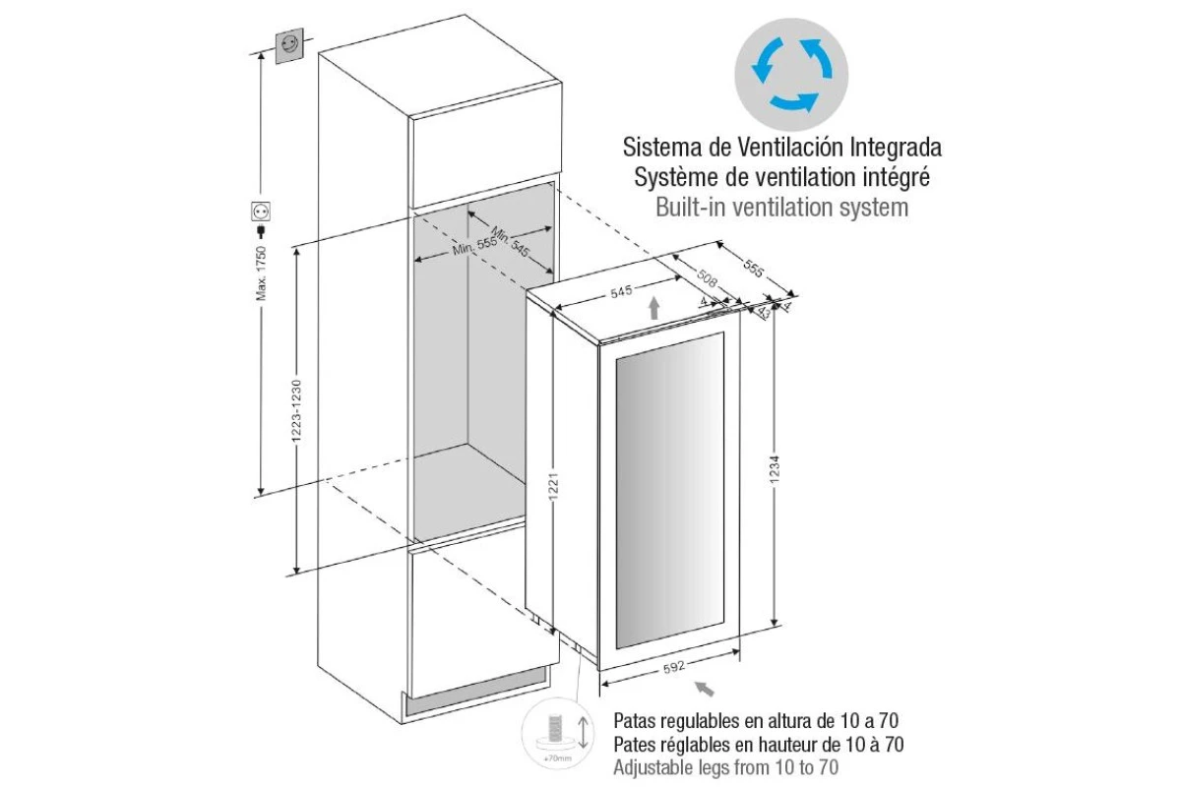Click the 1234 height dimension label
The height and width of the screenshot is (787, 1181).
[x=774, y=469]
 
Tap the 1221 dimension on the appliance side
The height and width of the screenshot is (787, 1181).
[x=552, y=486]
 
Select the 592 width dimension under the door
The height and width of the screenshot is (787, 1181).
[x=674, y=667]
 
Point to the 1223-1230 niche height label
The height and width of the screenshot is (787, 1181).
[x=296, y=411]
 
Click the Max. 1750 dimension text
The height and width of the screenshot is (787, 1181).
[x=262, y=273]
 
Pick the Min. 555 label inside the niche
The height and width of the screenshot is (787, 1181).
[x=474, y=246]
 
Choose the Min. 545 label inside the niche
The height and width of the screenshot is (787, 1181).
[x=510, y=241]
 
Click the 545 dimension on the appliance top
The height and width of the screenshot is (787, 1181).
[x=622, y=291]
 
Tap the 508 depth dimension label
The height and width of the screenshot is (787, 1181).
[x=707, y=278]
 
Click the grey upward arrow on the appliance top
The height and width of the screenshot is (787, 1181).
[x=654, y=308]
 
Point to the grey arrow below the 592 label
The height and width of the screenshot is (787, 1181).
[x=705, y=689]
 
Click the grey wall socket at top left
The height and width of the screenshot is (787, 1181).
[x=289, y=46]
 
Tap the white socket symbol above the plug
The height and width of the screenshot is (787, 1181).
[x=261, y=212]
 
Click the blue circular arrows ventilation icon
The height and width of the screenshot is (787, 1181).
[x=791, y=75]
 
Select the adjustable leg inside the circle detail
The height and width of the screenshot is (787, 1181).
[x=555, y=735]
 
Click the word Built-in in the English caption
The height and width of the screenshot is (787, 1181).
[x=690, y=208]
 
